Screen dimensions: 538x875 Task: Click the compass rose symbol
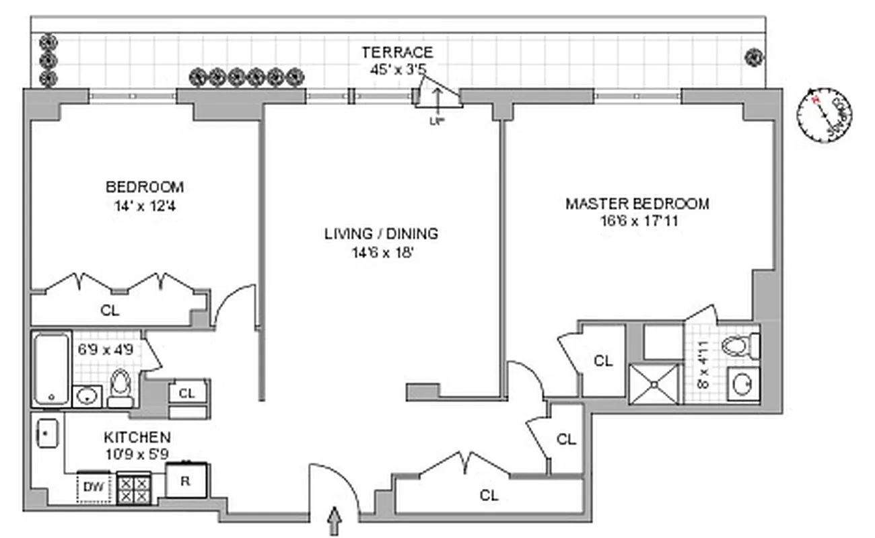[823, 116]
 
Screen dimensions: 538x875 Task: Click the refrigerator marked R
[186, 482]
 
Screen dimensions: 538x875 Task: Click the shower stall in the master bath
[654, 384]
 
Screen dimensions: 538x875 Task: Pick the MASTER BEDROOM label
[637, 203]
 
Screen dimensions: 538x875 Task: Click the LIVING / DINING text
[381, 233]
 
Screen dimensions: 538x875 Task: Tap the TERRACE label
[397, 52]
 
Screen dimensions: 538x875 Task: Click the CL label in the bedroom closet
[110, 311]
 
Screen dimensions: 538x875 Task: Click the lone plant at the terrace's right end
[754, 58]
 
